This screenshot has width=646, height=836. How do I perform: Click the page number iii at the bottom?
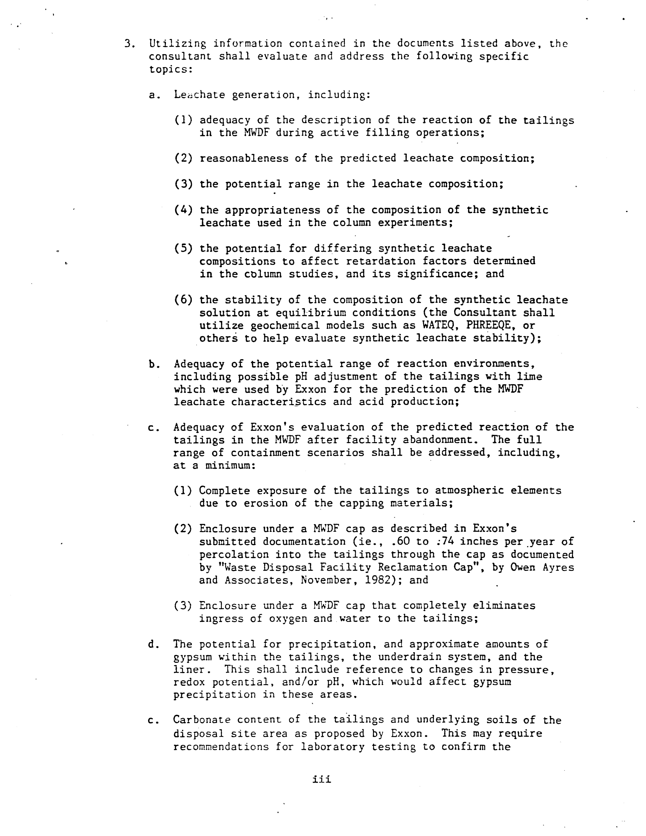[322, 779]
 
